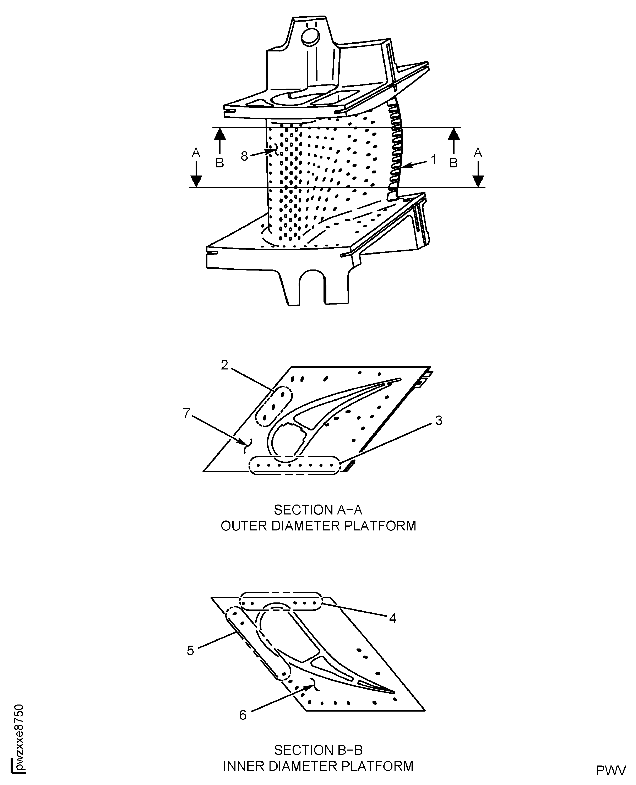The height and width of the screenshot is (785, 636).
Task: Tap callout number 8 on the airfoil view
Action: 244,156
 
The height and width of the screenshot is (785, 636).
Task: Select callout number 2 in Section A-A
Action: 225,365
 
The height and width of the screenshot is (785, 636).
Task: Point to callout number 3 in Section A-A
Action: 439,421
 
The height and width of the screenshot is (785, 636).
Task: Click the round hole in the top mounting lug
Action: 310,36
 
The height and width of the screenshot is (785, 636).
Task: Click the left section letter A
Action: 196,153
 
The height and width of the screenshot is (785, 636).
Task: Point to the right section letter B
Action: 453,163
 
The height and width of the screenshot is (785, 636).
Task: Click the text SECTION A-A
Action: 318,510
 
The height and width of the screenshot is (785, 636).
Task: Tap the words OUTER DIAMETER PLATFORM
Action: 318,526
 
